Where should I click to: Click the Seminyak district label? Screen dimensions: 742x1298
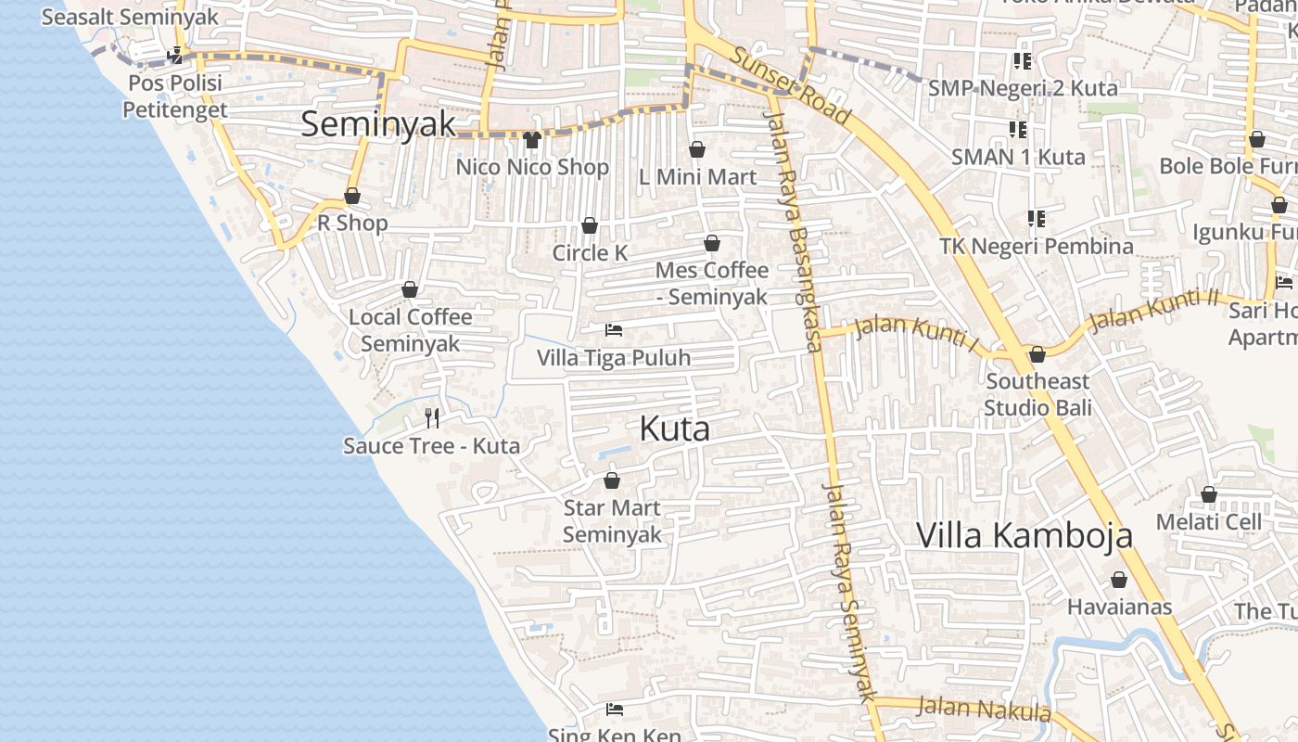[378, 124]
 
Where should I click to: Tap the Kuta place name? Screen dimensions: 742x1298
[675, 429]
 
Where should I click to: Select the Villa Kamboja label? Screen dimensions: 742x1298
[1024, 535]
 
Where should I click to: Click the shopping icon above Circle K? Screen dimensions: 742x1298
[589, 226]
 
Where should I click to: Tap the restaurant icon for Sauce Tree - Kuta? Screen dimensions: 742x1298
[431, 417]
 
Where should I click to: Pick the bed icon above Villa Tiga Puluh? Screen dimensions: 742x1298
[613, 330]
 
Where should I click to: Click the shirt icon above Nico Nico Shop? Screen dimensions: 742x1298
[531, 140]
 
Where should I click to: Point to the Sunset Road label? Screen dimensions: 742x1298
[790, 85]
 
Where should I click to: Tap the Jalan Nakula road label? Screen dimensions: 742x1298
[984, 709]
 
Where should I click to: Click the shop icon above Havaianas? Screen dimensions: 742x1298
[1119, 581]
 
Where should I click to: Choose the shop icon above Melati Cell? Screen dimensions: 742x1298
[1209, 495]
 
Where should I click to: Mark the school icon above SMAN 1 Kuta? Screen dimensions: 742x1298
[1017, 130]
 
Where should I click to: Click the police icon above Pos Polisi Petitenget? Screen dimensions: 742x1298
[175, 57]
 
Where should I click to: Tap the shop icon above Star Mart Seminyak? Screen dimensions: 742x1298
[612, 480]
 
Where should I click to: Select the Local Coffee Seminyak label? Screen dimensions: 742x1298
[410, 330]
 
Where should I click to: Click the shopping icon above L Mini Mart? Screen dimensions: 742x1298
[697, 149]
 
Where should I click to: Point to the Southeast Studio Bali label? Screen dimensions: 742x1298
[1037, 394]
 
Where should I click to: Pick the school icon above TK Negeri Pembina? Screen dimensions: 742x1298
[1036, 219]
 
